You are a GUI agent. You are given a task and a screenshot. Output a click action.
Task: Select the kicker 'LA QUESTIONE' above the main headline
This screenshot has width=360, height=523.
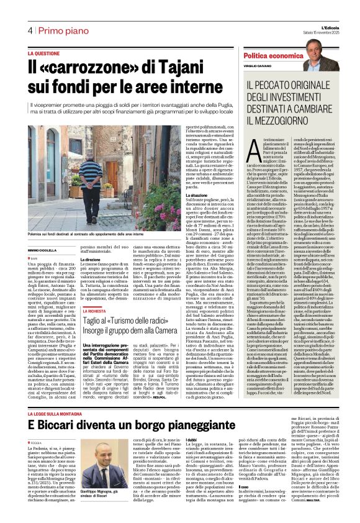click(48, 54)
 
